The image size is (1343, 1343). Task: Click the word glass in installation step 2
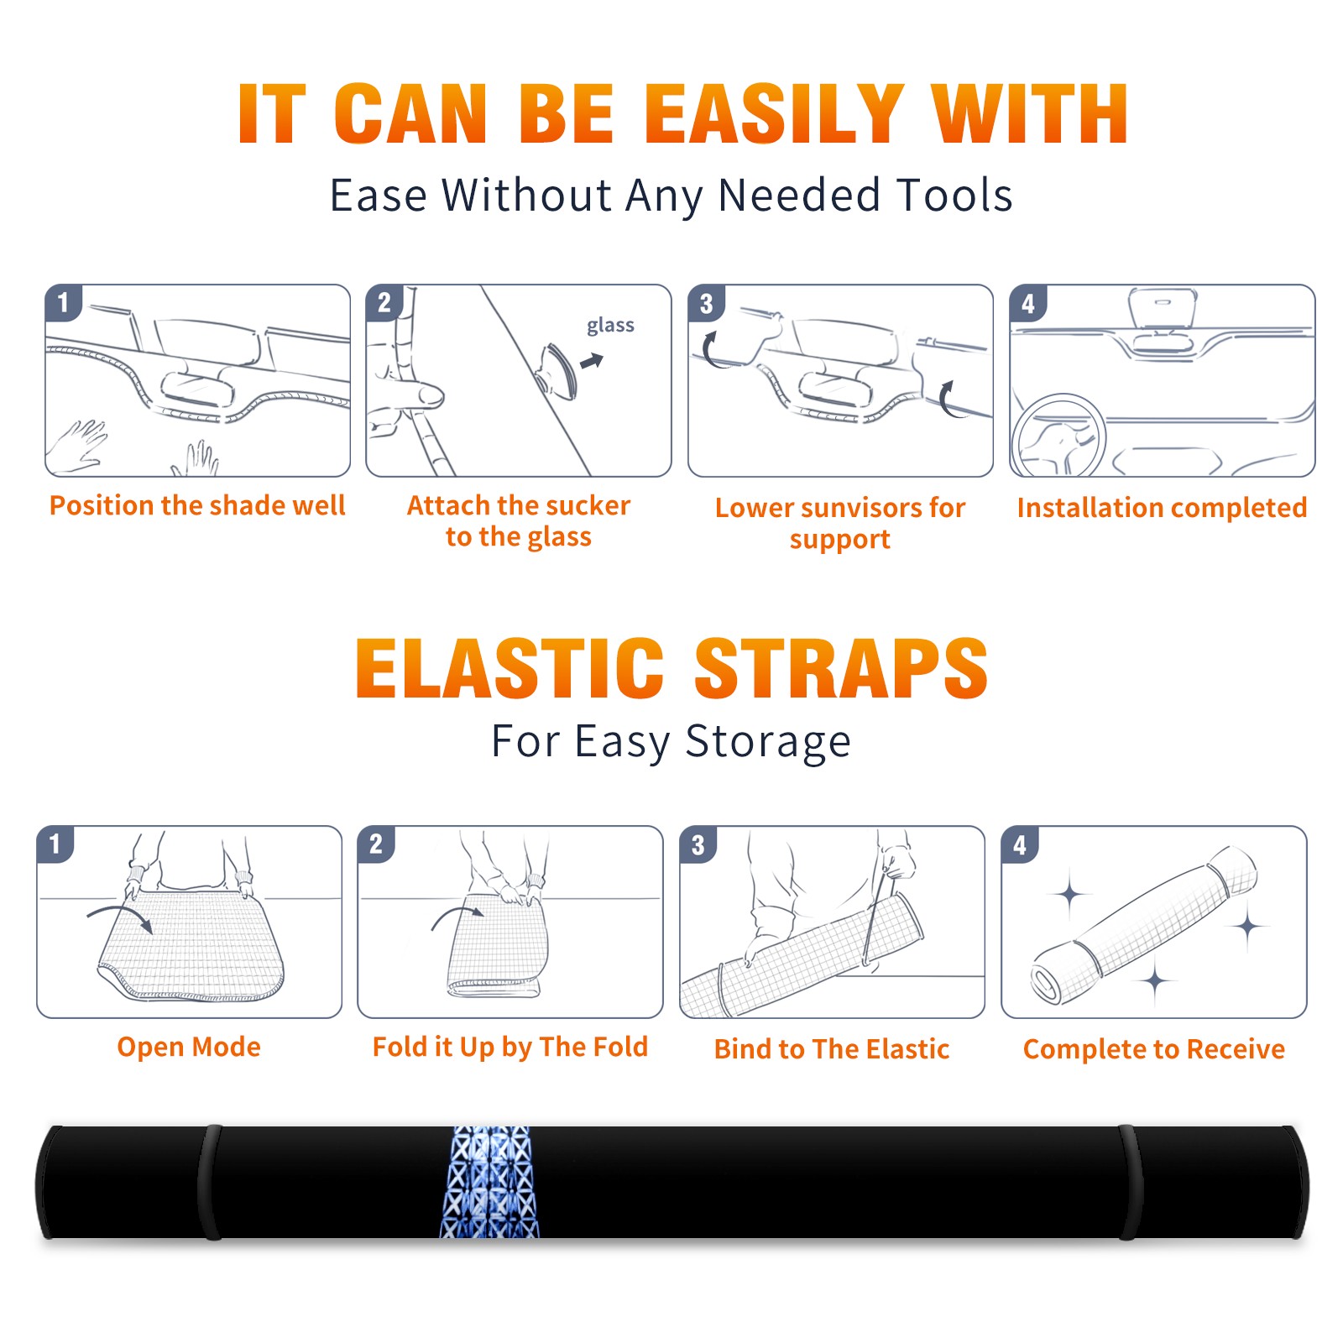pyautogui.click(x=610, y=325)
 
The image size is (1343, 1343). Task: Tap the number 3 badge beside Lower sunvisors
pyautogui.click(x=706, y=303)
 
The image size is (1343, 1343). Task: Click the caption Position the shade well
pyautogui.click(x=197, y=505)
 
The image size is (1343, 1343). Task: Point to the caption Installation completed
pyautogui.click(x=1162, y=508)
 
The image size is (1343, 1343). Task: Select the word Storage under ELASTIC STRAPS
pyautogui.click(x=768, y=741)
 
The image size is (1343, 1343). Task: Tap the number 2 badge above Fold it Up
pyautogui.click(x=375, y=844)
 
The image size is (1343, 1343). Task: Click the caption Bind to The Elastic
pyautogui.click(x=832, y=1049)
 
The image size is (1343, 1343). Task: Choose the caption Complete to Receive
pyautogui.click(x=1154, y=1049)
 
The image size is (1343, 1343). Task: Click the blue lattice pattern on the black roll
pyautogui.click(x=489, y=1182)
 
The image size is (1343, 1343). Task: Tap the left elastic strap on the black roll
pyautogui.click(x=209, y=1183)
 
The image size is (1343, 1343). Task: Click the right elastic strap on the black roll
pyautogui.click(x=1131, y=1183)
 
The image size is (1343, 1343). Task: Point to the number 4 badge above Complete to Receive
pyautogui.click(x=1020, y=844)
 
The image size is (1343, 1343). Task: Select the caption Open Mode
pyautogui.click(x=189, y=1047)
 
